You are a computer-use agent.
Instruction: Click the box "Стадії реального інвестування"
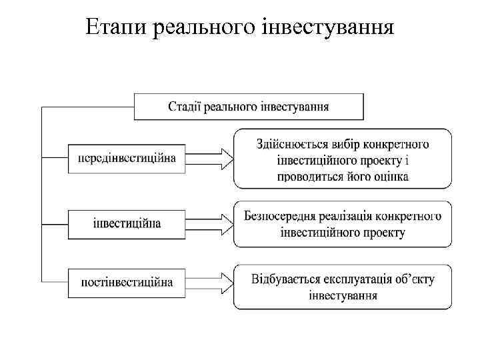(249, 107)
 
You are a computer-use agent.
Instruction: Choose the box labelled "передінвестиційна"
(127, 158)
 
